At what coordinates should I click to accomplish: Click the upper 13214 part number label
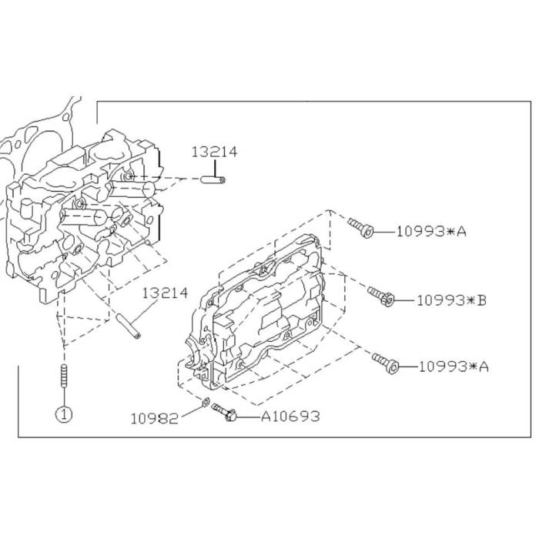pos(214,152)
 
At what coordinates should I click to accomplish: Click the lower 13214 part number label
pos(166,293)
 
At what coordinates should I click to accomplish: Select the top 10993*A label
pos(432,232)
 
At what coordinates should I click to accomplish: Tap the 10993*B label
pos(452,300)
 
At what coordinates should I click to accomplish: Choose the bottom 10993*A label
pos(454,367)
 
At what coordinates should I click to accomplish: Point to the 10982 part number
pos(155,419)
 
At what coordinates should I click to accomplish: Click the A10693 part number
pos(290,417)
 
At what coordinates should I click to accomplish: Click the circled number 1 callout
pos(64,414)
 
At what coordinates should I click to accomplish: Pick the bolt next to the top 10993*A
pos(360,227)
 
